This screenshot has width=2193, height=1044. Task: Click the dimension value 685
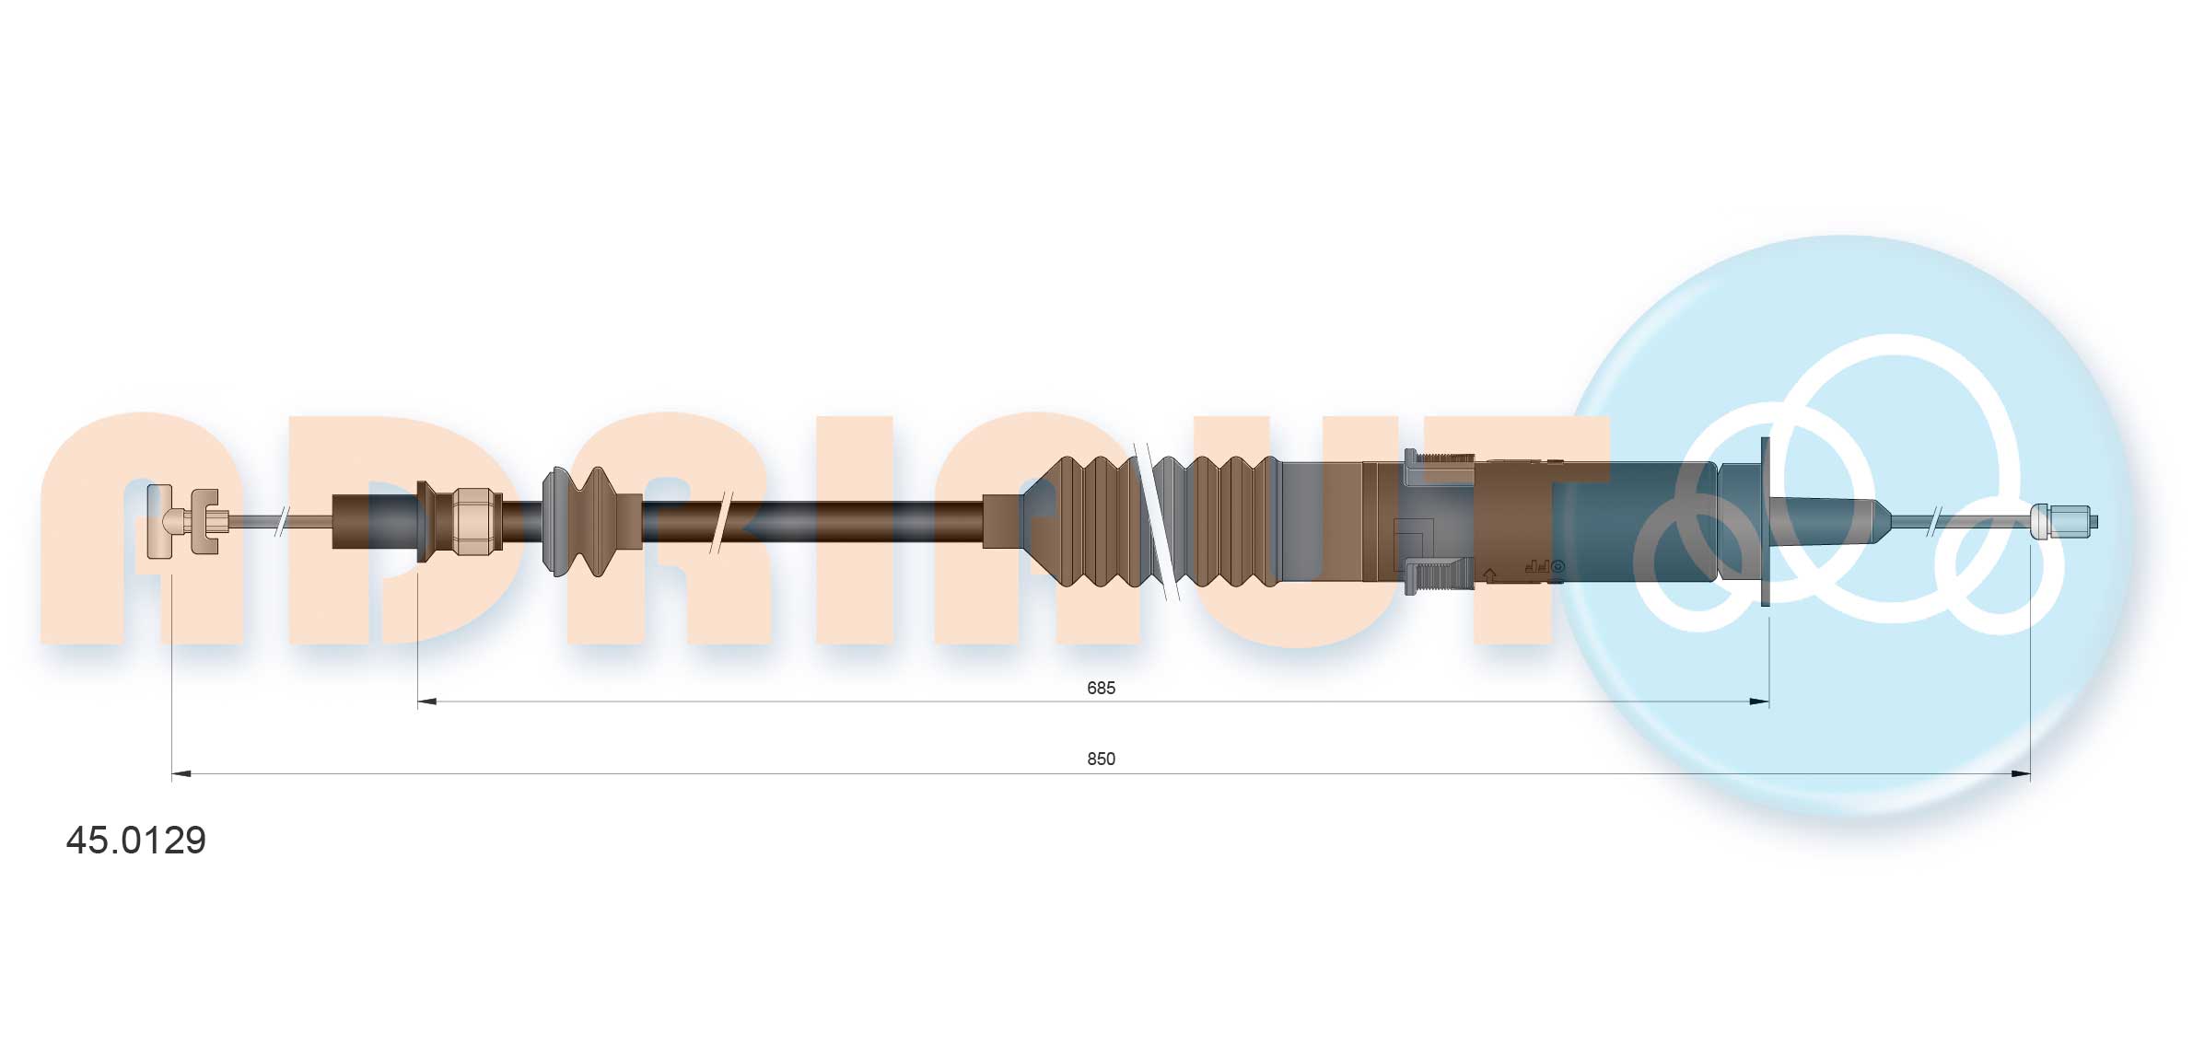[x=1101, y=688]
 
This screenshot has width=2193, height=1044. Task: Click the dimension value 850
[x=1101, y=759]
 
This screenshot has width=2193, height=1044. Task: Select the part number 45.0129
[x=136, y=840]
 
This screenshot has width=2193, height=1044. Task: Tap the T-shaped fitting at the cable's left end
[x=162, y=521]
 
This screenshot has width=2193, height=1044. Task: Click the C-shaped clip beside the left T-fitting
[x=204, y=522]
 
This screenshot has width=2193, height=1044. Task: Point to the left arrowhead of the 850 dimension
[x=181, y=773]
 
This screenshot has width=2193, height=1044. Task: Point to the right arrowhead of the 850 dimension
[x=2021, y=773]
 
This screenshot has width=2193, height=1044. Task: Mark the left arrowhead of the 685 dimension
[x=427, y=702]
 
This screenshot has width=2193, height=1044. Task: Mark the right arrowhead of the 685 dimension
[x=1759, y=702]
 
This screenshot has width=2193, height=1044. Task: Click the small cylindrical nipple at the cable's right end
[x=2063, y=521]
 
